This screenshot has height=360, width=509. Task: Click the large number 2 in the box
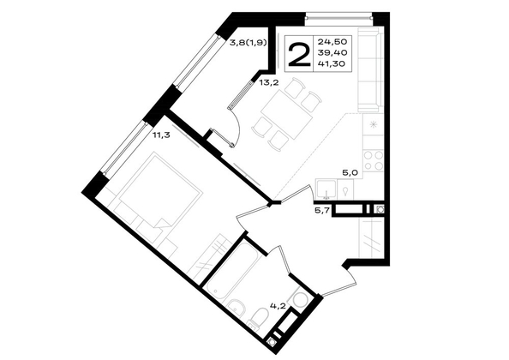click(299, 55)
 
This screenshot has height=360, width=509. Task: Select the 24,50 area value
click(332, 41)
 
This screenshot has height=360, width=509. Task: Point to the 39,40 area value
click(332, 52)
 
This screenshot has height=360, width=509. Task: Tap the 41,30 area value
click(332, 64)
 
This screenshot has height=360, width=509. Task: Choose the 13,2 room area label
click(269, 82)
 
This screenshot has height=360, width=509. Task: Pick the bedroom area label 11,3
click(162, 135)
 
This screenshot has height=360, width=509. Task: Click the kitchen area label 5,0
click(350, 172)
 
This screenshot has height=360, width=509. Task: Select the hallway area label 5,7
click(322, 210)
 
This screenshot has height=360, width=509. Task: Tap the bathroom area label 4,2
click(278, 305)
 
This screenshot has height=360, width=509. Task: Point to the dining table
click(287, 114)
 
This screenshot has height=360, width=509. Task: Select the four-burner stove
click(373, 160)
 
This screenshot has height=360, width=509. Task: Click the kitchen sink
click(326, 189)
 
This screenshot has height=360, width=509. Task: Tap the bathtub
click(233, 272)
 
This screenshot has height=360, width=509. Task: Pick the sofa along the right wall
click(368, 69)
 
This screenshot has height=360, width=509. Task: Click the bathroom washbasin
click(236, 306)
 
